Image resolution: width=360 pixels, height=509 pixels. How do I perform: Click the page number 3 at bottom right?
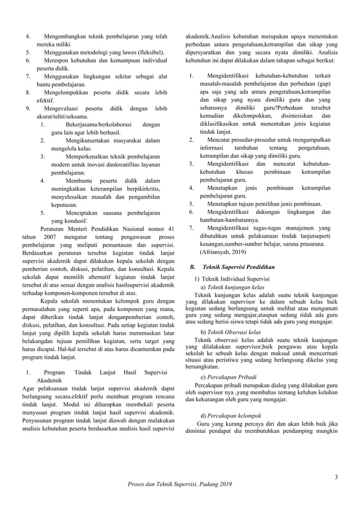click(336, 479)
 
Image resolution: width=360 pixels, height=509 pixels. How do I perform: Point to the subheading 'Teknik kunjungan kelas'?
click(236, 287)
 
